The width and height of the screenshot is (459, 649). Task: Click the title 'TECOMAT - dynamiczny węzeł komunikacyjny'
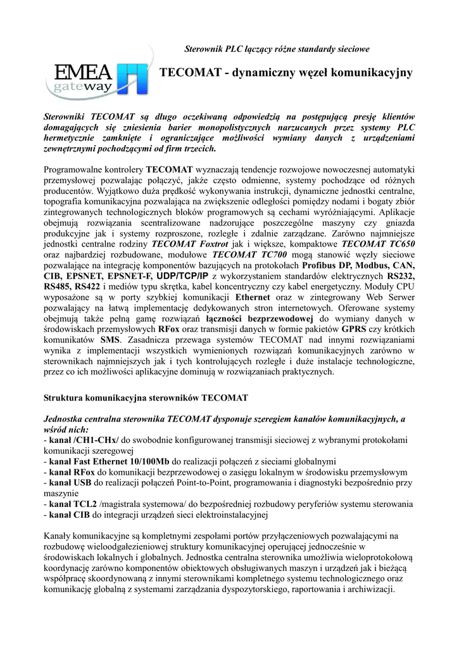(x=287, y=73)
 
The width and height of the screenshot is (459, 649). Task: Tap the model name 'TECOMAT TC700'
(x=247, y=254)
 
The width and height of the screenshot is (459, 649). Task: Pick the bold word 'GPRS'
(x=355, y=330)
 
